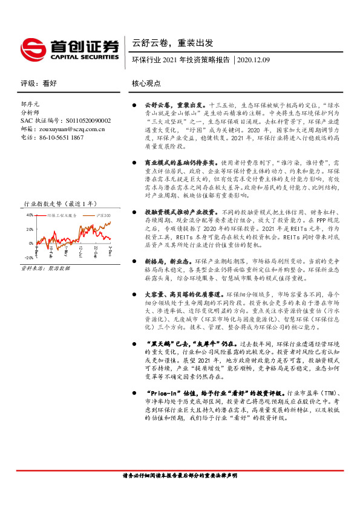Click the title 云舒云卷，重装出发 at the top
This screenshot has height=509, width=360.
(x=172, y=43)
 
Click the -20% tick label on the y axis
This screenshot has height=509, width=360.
(x=28, y=258)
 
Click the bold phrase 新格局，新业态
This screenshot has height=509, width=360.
(x=167, y=260)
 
